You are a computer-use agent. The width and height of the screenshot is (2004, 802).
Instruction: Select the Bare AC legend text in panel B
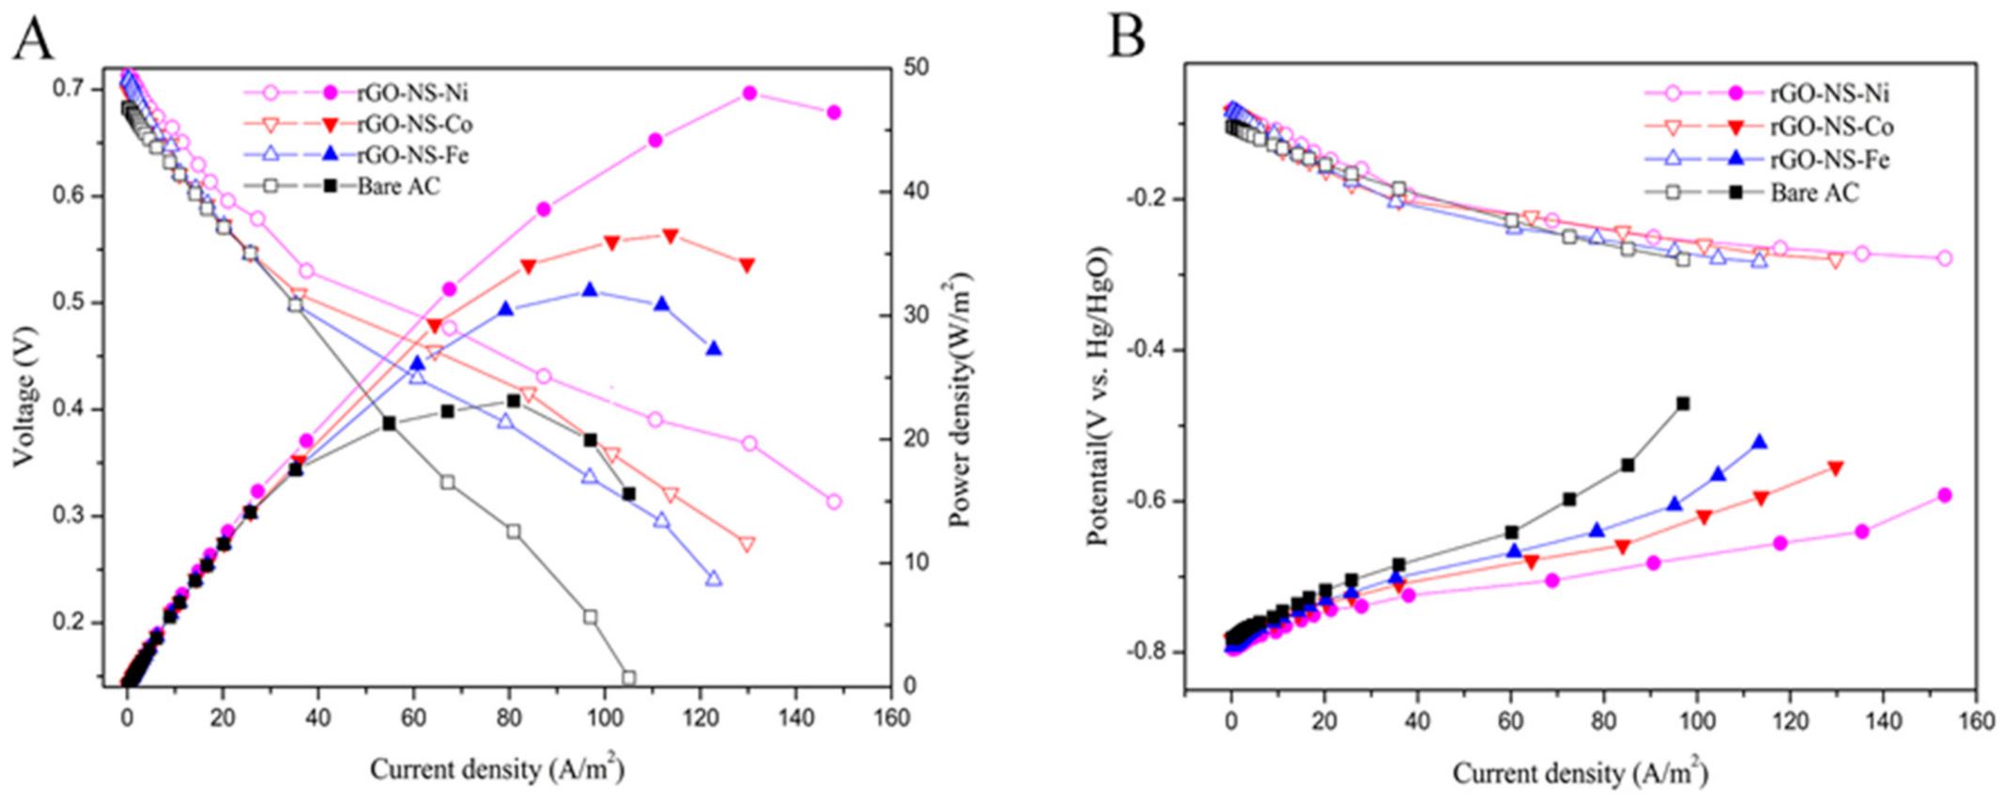(1814, 193)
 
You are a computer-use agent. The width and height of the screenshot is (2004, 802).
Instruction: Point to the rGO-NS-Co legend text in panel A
(414, 124)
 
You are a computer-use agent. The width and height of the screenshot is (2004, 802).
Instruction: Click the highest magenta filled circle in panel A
(749, 93)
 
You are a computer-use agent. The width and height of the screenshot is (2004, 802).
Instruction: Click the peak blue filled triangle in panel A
(590, 290)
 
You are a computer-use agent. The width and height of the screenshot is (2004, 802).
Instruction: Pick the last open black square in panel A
(628, 677)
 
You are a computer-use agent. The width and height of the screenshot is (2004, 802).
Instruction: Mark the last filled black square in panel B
(1683, 404)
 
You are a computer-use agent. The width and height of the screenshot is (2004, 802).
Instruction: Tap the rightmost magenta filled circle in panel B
(1945, 495)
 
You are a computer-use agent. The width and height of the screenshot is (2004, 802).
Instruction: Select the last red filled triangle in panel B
(1836, 469)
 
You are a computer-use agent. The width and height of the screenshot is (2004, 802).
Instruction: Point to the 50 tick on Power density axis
(916, 68)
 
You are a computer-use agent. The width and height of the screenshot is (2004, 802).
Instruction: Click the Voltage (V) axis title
(24, 395)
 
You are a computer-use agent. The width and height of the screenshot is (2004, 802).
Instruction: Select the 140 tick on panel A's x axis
(796, 717)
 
